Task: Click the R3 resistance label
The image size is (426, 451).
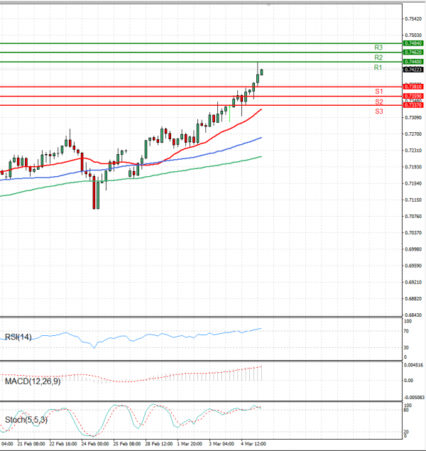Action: click(378, 47)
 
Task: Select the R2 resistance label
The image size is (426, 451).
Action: click(378, 57)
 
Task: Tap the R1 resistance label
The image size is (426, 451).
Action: click(378, 67)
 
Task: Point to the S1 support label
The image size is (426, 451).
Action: click(379, 92)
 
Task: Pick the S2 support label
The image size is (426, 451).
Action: click(379, 102)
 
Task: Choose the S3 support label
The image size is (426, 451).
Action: click(379, 112)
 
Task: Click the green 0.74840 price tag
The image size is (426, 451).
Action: click(413, 43)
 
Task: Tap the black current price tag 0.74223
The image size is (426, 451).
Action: click(413, 70)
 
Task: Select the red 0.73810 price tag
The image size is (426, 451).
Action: click(413, 87)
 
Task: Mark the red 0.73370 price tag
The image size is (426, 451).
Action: click(413, 105)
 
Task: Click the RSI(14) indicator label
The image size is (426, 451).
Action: click(18, 337)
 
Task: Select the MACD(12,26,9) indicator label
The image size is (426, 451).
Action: click(31, 382)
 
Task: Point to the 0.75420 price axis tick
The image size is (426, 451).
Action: click(413, 18)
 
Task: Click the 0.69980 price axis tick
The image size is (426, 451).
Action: click(413, 249)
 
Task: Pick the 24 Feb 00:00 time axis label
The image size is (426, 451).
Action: click(95, 443)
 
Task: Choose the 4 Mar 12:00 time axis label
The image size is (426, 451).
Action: click(253, 443)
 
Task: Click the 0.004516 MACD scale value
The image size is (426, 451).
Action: click(413, 365)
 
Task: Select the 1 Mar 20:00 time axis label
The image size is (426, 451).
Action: click(190, 443)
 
